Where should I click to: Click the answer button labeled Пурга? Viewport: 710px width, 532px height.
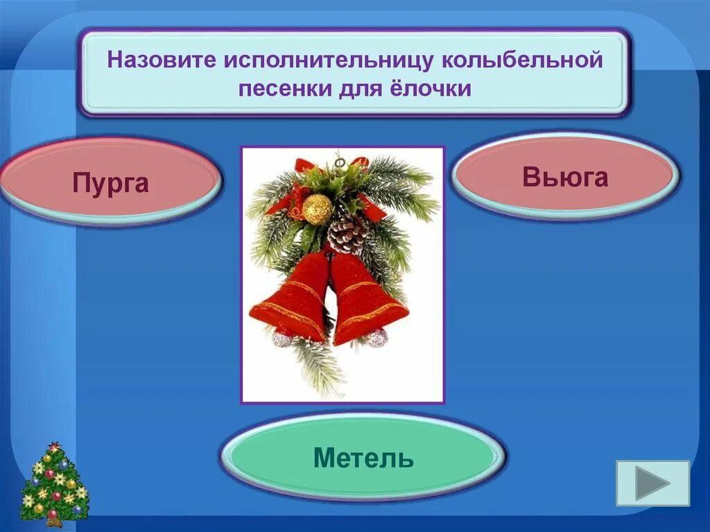[111, 182]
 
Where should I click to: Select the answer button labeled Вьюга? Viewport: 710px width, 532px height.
[565, 177]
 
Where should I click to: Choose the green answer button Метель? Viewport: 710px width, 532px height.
[363, 457]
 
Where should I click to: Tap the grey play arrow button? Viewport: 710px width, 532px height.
[652, 483]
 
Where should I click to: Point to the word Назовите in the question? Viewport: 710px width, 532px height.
[161, 60]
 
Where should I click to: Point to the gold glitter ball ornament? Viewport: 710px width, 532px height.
[318, 209]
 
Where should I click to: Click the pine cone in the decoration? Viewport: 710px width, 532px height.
[347, 234]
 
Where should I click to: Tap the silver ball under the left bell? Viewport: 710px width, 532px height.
[282, 338]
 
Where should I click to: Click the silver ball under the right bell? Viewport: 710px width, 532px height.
[376, 338]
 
